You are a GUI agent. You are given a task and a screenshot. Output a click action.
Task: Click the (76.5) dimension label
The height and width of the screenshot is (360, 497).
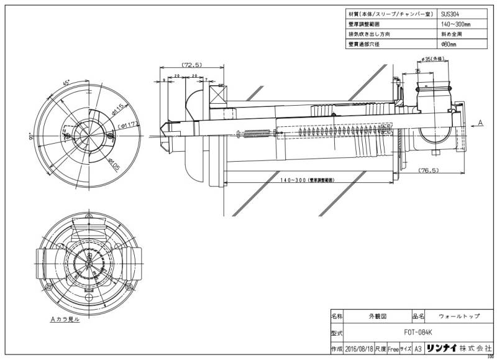click(x=429, y=169)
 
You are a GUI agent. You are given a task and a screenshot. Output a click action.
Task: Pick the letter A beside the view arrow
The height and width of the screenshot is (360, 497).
click(x=481, y=124)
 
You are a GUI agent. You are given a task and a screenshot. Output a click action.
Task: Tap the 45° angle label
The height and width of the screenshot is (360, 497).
click(x=66, y=82)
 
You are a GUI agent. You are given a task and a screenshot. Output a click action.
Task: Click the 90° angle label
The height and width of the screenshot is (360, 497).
click(x=30, y=137)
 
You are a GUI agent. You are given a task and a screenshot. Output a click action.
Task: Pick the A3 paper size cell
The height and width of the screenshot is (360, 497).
click(x=418, y=349)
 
